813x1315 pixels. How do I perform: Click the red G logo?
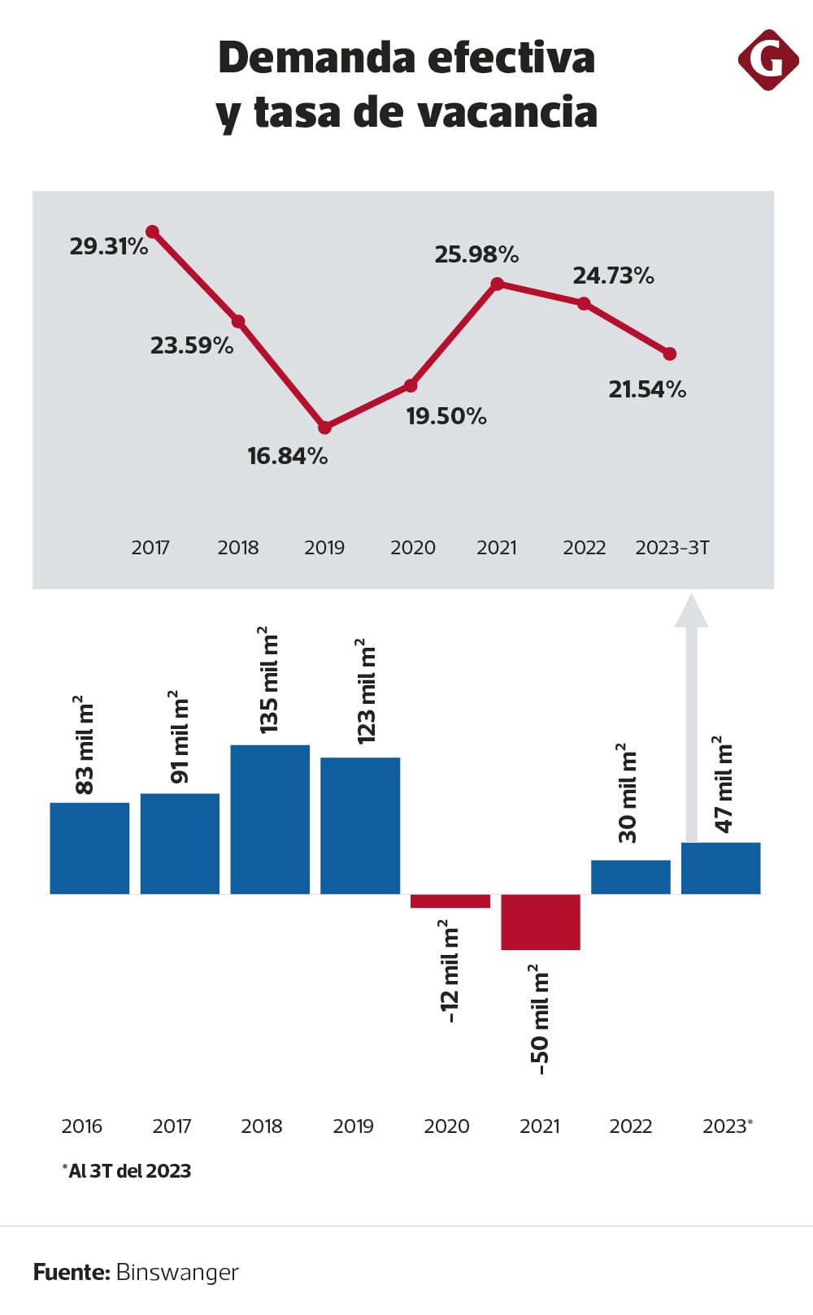[x=767, y=60]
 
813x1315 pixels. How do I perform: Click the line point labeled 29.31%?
[x=152, y=232]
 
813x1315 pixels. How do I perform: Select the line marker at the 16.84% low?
[x=324, y=427]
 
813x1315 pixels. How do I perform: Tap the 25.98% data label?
[x=476, y=255]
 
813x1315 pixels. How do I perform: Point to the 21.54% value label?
[x=647, y=390]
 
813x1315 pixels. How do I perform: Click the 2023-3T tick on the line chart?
[x=672, y=548]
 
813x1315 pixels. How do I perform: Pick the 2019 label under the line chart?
[x=324, y=548]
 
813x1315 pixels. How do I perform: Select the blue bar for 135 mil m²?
[x=270, y=819]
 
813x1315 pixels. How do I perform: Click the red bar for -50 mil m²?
[x=541, y=922]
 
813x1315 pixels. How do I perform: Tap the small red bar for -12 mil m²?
[x=450, y=901]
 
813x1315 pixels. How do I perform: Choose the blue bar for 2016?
[x=89, y=848]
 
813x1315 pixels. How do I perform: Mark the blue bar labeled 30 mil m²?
[x=631, y=877]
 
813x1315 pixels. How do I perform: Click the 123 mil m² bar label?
[x=367, y=691]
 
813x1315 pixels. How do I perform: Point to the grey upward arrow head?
[x=691, y=611]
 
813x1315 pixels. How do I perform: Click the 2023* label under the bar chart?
[x=727, y=1126]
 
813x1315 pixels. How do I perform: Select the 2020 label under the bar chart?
[x=446, y=1126]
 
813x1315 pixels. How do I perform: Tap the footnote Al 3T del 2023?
[x=128, y=1171]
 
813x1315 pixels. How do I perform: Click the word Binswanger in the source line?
[x=177, y=1272]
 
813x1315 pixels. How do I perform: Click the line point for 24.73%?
[x=584, y=303]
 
